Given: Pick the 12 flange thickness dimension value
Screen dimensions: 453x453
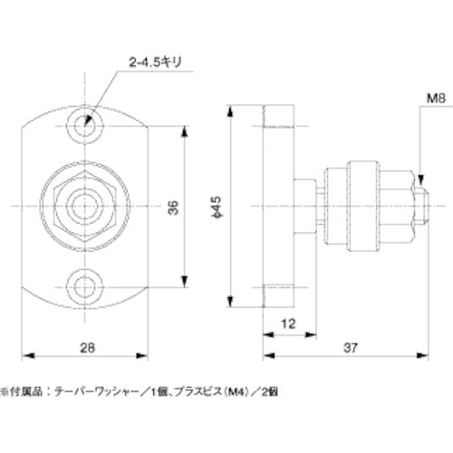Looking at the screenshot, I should coord(287,323).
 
